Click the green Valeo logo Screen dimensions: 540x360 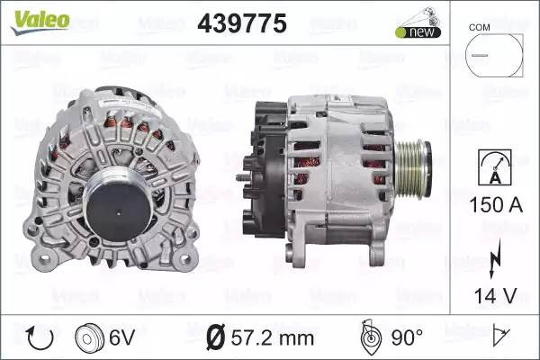40,22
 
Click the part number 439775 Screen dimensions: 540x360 242,23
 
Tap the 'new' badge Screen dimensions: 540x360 418,32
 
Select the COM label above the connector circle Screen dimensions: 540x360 479,27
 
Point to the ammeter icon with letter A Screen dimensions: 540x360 494,167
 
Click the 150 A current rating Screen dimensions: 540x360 496,204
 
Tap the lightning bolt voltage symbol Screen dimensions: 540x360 494,258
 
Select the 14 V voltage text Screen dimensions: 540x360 496,296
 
